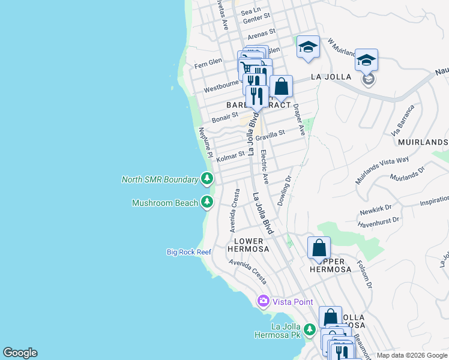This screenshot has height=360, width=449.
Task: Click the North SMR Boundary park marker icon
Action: [207, 178]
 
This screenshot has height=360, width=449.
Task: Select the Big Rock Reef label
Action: [188, 252]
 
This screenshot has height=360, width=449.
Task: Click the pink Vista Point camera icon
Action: [262, 301]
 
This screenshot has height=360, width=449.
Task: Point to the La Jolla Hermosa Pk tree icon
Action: [309, 329]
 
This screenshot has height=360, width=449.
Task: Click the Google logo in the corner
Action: [20, 353]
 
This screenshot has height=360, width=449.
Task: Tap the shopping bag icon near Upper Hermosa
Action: [319, 247]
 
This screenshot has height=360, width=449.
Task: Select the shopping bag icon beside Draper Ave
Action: [281, 86]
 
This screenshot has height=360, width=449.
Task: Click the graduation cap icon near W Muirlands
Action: [308, 47]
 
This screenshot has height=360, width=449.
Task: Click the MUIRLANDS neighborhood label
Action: [423, 142]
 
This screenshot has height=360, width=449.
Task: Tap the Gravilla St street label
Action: [270, 137]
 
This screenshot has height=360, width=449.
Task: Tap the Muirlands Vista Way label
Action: [390, 169]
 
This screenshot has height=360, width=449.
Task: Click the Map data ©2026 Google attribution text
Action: [411, 355]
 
